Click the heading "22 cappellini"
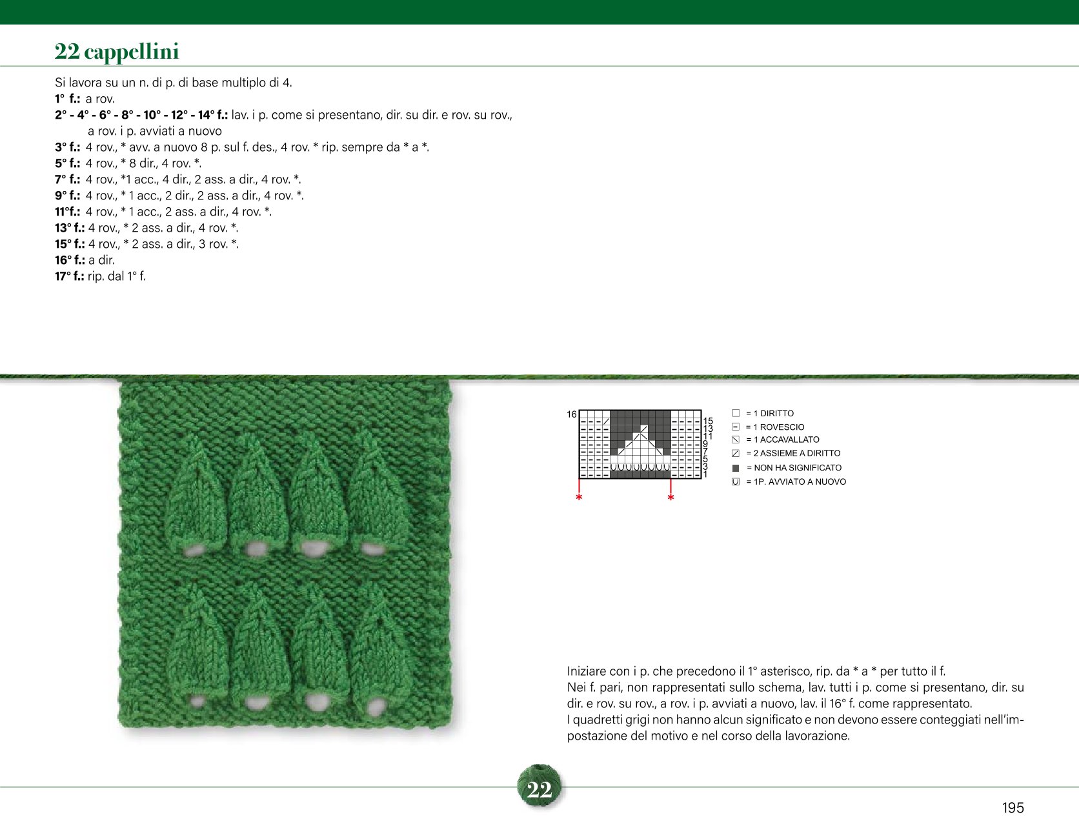pyautogui.click(x=117, y=52)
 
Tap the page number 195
pyautogui.click(x=1013, y=807)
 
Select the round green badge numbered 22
pyautogui.click(x=539, y=787)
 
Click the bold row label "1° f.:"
pyautogui.click(x=68, y=99)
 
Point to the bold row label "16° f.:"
pyautogui.click(x=70, y=260)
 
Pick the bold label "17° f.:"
pyautogui.click(x=70, y=276)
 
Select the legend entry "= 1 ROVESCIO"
pyautogui.click(x=775, y=427)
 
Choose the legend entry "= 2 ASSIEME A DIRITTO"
pyautogui.click(x=793, y=453)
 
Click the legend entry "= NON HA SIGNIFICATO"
pyautogui.click(x=794, y=467)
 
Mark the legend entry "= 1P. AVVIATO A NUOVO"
pyautogui.click(x=796, y=481)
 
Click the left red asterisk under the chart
pyautogui.click(x=579, y=498)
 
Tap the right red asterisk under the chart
pyautogui.click(x=671, y=498)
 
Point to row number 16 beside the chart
pyautogui.click(x=572, y=414)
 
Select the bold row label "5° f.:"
pyautogui.click(x=68, y=163)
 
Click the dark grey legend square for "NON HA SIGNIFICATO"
pyautogui.click(x=736, y=468)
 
